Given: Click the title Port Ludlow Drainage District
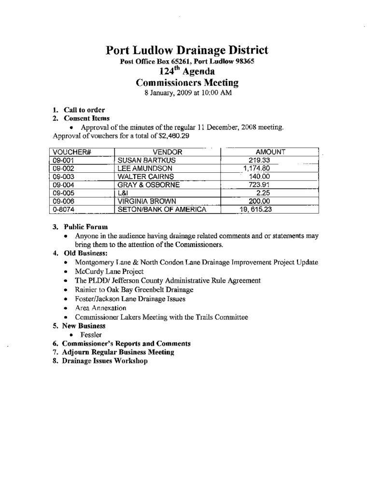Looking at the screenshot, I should coord(187,50).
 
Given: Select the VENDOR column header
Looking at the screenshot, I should coord(167,152).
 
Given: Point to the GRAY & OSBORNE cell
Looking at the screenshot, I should coord(148,185).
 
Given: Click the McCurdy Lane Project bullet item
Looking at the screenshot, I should coord(110,271).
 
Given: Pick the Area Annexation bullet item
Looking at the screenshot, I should coord(100,308).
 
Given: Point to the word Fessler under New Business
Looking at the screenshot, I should coord(91,335).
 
